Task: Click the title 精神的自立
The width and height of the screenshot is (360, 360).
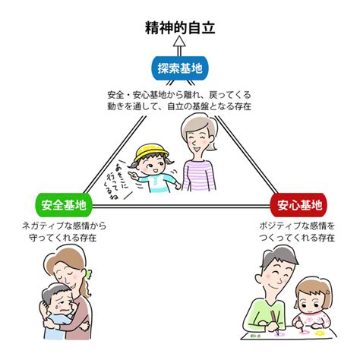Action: click(x=180, y=27)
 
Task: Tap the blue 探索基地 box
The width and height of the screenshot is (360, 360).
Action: click(x=180, y=68)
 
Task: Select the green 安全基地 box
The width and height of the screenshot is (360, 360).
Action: click(x=64, y=205)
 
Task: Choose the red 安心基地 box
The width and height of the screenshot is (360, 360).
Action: click(x=299, y=205)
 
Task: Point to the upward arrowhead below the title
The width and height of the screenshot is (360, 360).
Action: click(x=179, y=41)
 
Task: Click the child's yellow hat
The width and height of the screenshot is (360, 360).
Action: click(x=151, y=152)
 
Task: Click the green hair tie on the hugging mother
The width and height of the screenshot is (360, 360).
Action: click(x=89, y=275)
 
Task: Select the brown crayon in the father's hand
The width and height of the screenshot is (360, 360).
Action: click(x=275, y=322)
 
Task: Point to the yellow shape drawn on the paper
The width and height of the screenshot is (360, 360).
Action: click(x=320, y=333)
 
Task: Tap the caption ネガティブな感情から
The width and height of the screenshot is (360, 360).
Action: click(x=64, y=226)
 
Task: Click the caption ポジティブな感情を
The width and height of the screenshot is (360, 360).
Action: click(x=297, y=226)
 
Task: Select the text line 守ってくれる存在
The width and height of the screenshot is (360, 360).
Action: click(x=63, y=238)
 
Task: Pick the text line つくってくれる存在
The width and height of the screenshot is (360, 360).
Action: click(x=297, y=238)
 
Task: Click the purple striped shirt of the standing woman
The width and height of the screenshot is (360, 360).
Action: click(x=199, y=175)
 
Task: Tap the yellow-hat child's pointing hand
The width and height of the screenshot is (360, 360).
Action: click(x=132, y=175)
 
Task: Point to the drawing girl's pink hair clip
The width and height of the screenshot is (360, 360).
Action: click(x=328, y=292)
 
